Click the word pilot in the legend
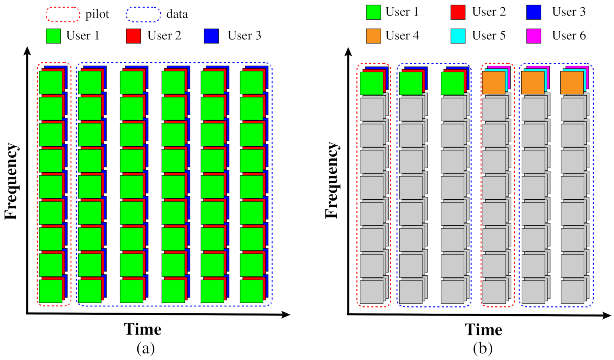click(97, 14)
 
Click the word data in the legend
click(177, 14)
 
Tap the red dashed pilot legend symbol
click(63, 15)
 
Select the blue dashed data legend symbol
click(143, 15)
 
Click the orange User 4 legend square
click(373, 36)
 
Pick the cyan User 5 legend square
click(458, 36)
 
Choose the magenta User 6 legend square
click(534, 36)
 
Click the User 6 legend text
click(569, 36)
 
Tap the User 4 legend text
click(402, 36)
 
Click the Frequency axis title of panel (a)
click(11, 182)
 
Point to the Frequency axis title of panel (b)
click(332, 181)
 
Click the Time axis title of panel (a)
click(143, 329)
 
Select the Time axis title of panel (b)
click(483, 330)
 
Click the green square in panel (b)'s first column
click(371, 83)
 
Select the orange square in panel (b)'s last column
click(572, 83)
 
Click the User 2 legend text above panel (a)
click(164, 36)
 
